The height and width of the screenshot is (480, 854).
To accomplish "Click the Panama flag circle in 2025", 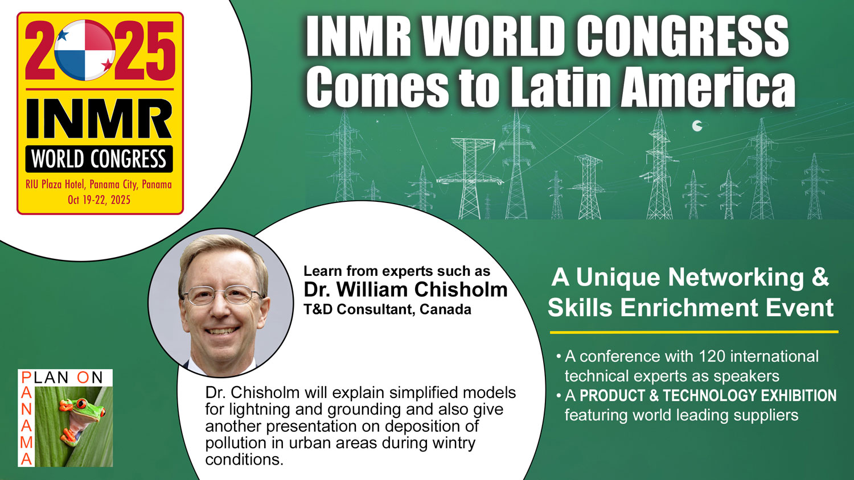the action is point(85,50).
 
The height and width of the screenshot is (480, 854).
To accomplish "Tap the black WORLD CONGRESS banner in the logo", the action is point(99,159).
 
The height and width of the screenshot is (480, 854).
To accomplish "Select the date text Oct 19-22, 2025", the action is point(99,200).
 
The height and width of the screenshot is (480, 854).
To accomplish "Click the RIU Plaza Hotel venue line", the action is point(98,185).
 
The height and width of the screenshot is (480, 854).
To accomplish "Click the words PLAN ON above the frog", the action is point(62,377).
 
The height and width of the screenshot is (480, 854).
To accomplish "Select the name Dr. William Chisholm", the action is point(405,289).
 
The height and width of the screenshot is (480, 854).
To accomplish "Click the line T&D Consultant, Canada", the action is point(387,309).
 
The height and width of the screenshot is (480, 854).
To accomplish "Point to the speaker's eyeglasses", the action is point(222,295).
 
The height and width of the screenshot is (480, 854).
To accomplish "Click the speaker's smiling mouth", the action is point(221,330).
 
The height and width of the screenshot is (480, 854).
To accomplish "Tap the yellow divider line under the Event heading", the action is point(694,332).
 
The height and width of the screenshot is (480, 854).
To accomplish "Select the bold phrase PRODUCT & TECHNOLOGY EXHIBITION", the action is point(708,396).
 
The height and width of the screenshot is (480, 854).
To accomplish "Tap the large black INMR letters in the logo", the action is point(99,119).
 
